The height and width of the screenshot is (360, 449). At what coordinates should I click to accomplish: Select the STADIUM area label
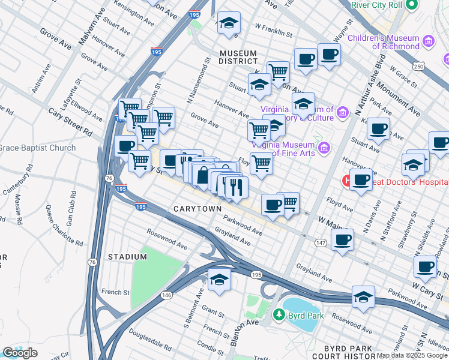click(127, 257)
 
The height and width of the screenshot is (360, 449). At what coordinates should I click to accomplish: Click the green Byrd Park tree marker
click(279, 314)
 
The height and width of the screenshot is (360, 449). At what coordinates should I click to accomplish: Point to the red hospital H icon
click(346, 180)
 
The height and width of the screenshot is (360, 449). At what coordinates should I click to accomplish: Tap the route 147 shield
click(321, 242)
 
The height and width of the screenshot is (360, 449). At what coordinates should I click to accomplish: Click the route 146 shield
click(166, 295)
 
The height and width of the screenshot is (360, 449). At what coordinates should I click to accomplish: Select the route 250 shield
click(419, 65)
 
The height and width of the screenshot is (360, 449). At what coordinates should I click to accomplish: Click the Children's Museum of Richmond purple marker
click(428, 41)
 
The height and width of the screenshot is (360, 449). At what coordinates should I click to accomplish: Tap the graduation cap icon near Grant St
click(219, 280)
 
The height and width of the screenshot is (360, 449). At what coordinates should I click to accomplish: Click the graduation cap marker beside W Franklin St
click(228, 23)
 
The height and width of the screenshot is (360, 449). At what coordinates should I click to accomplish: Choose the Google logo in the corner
click(20, 353)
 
